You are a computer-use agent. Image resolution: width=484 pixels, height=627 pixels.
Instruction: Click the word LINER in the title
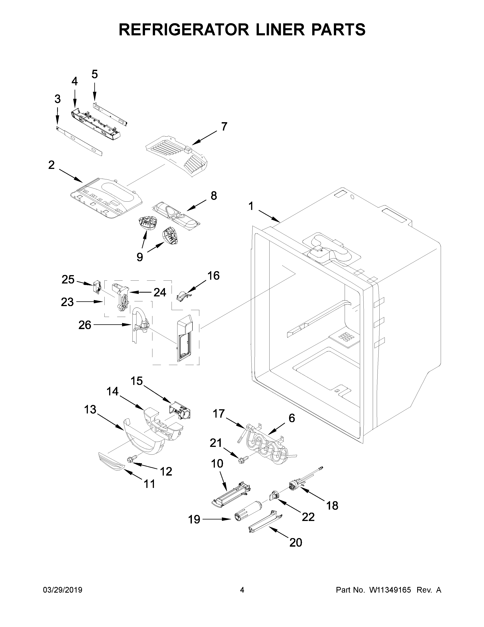(280, 30)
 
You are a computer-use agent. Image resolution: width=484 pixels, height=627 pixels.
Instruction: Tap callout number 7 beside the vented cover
(224, 126)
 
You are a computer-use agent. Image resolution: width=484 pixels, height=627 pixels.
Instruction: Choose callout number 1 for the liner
(251, 206)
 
